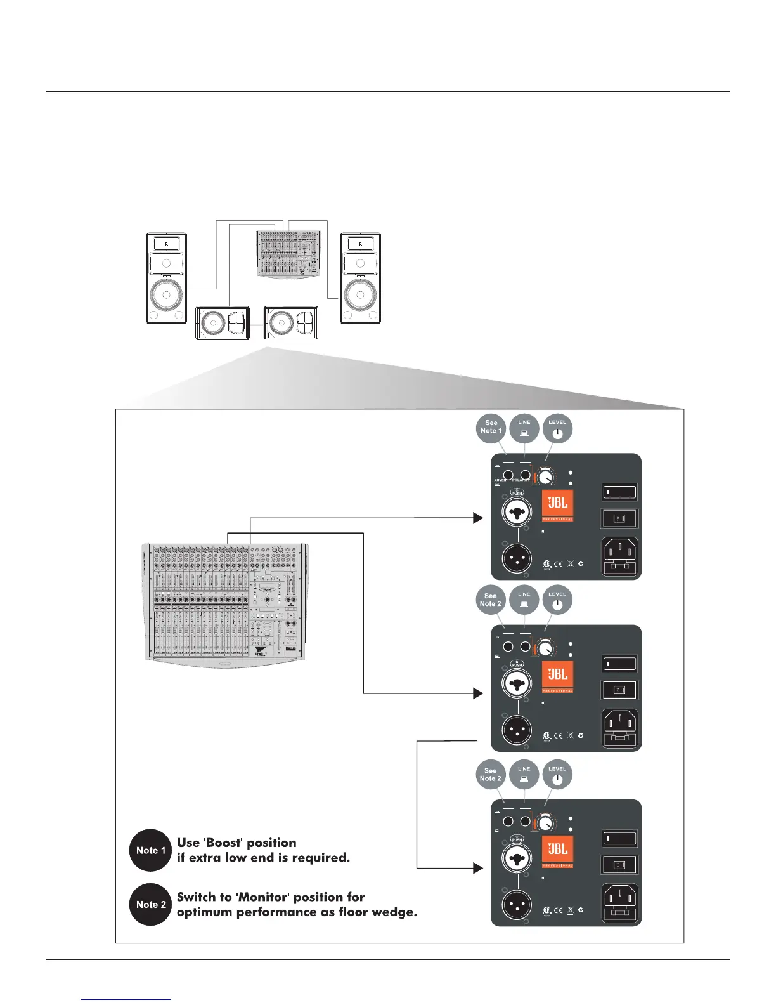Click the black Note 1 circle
coord(150,850)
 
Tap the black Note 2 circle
coord(150,904)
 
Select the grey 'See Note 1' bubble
coord(491,427)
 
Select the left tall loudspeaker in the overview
coord(167,279)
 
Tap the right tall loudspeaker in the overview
coord(361,279)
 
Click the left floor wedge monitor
coord(223,323)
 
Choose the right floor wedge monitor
coord(290,323)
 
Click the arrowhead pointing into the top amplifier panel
coord(478,518)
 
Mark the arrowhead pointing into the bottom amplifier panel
coord(478,868)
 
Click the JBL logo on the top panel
coord(557,504)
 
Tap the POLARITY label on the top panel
coord(521,480)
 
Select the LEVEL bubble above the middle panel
coord(557,600)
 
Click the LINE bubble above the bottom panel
coord(524,774)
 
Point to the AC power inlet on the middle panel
coord(619,728)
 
